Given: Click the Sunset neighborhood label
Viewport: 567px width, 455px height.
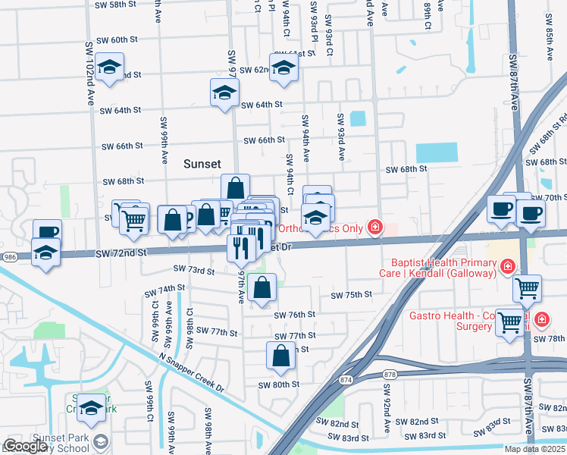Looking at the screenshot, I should coord(202,164).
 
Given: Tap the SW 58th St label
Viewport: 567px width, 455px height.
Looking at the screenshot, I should coord(115,5).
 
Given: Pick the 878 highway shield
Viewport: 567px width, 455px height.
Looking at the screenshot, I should coord(390,374).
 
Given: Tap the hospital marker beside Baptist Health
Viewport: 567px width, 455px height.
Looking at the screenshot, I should coord(507,267).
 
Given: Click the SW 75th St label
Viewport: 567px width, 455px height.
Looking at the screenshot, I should coord(351,295).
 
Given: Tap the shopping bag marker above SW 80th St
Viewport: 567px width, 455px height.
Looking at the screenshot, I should coord(280,356).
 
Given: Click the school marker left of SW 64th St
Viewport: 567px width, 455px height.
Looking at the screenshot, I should coord(224,93).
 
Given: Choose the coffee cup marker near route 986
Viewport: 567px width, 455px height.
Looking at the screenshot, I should coord(47,231).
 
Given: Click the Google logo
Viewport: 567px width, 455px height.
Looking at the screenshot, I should coord(24,447).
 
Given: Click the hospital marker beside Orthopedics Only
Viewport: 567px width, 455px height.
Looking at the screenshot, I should coord(374,227).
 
